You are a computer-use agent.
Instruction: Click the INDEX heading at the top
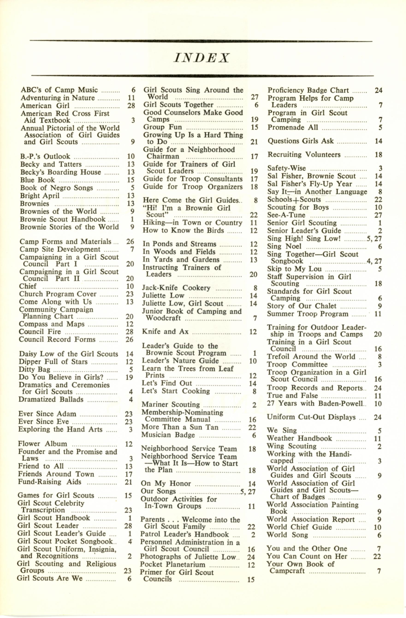click(202, 58)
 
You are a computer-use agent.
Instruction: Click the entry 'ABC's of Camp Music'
click(59, 90)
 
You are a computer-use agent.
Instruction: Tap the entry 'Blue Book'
click(38, 180)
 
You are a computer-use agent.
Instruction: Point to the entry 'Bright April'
click(40, 195)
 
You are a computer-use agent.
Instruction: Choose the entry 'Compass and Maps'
click(52, 324)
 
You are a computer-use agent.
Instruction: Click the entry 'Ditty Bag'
click(35, 369)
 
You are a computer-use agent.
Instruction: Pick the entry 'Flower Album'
click(43, 444)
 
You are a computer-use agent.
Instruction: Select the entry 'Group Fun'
click(163, 127)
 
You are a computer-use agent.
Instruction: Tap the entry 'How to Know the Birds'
click(183, 230)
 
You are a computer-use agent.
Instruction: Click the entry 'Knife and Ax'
click(165, 332)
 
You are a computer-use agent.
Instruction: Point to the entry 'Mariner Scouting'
click(171, 404)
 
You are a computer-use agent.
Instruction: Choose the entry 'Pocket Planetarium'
click(173, 565)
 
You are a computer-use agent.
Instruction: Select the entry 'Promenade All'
click(293, 127)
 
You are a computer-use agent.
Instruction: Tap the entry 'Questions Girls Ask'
click(301, 141)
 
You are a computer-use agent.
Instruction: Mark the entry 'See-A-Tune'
click(287, 215)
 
